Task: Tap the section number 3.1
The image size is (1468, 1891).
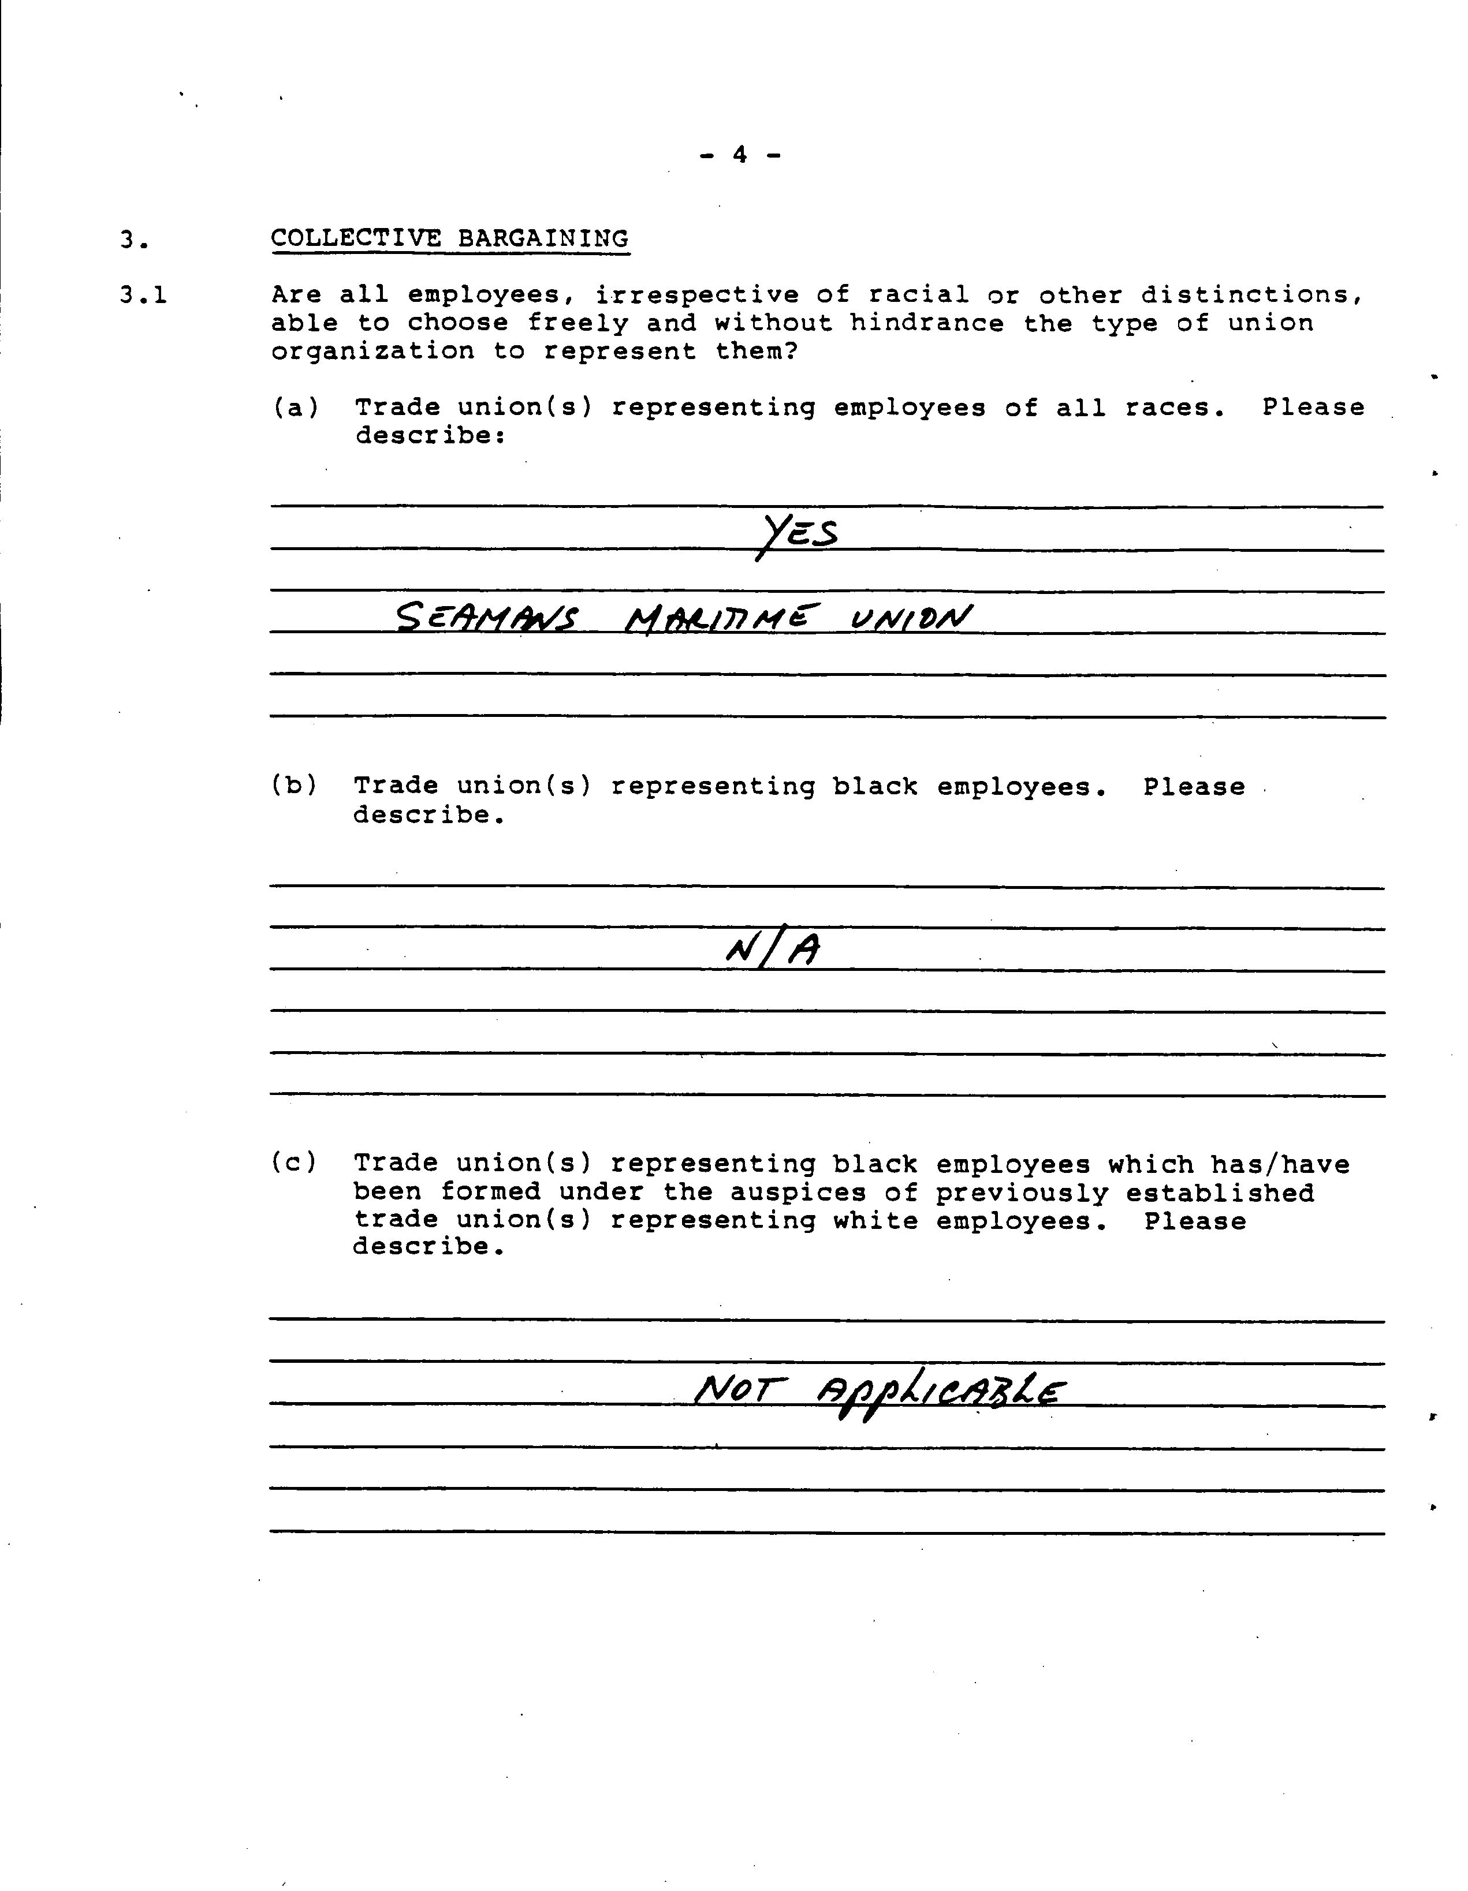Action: (143, 296)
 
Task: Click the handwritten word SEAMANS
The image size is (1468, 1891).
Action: (487, 618)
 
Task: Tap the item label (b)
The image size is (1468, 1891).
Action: (295, 785)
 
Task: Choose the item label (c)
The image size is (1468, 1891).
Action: (295, 1163)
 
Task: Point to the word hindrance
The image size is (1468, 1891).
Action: (927, 324)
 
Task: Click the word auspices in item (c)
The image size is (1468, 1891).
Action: (798, 1193)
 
